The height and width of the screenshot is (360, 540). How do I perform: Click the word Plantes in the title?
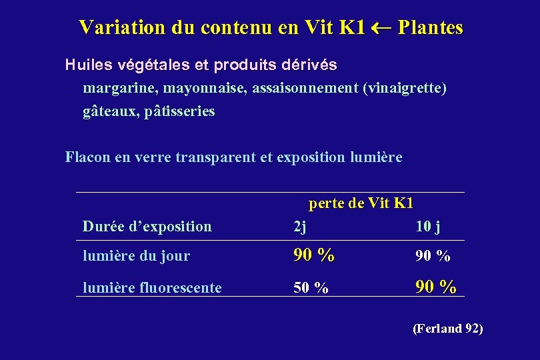click(x=431, y=27)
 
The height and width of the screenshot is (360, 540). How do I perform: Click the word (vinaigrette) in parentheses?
click(x=403, y=88)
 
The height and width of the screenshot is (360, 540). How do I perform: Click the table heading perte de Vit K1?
click(x=361, y=203)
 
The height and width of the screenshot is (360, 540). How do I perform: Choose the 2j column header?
click(x=300, y=227)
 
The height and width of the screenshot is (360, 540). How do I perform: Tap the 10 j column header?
click(x=427, y=227)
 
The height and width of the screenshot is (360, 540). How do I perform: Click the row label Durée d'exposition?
click(x=147, y=227)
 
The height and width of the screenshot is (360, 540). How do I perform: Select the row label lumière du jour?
click(x=136, y=256)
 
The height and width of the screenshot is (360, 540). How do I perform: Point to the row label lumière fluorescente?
click(x=152, y=288)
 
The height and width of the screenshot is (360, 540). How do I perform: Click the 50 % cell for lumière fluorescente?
click(x=311, y=288)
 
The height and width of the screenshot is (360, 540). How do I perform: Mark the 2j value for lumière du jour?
click(x=314, y=255)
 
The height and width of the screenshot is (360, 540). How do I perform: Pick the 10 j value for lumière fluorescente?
click(x=436, y=287)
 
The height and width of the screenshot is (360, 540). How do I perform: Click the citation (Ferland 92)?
click(x=448, y=329)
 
